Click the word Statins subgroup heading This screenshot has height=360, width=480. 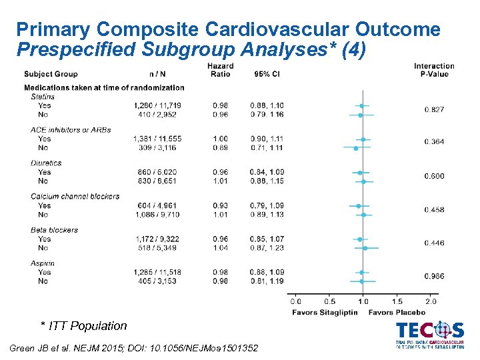pyautogui.click(x=42, y=97)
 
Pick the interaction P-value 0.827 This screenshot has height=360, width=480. pyautogui.click(x=434, y=109)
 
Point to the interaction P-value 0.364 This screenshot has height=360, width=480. pyautogui.click(x=434, y=142)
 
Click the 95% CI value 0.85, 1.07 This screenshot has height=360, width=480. pyautogui.click(x=267, y=239)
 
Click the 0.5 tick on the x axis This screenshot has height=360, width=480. pyautogui.click(x=329, y=301)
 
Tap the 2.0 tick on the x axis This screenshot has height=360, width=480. pyautogui.click(x=431, y=301)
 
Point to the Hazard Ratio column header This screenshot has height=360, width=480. pyautogui.click(x=220, y=70)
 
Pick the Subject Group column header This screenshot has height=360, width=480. pyautogui.click(x=51, y=74)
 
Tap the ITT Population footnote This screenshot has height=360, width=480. pyautogui.click(x=83, y=326)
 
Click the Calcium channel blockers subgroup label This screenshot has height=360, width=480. pyautogui.click(x=75, y=197)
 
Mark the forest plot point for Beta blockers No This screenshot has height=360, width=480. pyautogui.click(x=365, y=248)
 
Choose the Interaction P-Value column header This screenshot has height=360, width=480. pyautogui.click(x=434, y=70)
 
